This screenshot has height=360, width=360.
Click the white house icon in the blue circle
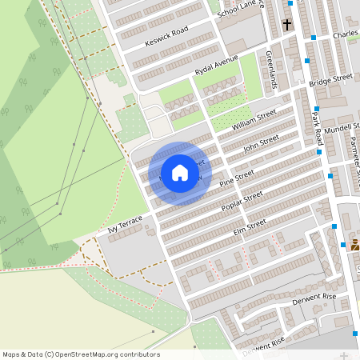180,172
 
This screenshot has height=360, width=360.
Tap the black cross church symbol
286,26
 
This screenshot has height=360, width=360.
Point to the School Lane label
241,8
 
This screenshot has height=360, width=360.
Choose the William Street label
254,121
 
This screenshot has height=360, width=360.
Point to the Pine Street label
237,180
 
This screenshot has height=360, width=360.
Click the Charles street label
346,36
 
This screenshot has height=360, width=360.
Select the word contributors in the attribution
141,354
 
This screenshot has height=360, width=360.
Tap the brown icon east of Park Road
355,246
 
